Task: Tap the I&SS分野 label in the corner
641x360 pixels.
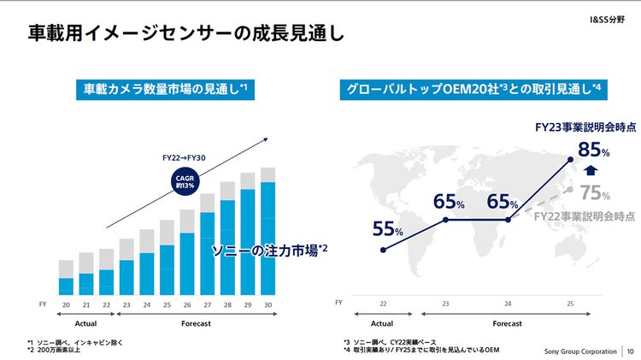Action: pyautogui.click(x=610, y=17)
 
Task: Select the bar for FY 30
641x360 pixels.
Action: pyautogui.click(x=268, y=235)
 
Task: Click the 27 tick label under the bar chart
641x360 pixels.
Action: pyautogui.click(x=208, y=304)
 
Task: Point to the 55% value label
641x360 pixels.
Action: pyautogui.click(x=387, y=229)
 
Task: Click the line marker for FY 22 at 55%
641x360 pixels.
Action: pyautogui.click(x=382, y=251)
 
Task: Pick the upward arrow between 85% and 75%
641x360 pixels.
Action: pyautogui.click(x=593, y=171)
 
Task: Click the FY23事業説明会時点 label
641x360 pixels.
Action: pyautogui.click(x=585, y=127)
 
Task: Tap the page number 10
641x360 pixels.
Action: pyautogui.click(x=631, y=351)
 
